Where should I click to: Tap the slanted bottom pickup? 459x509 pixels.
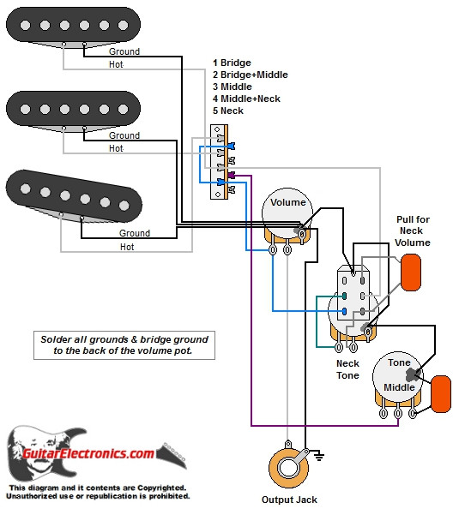click(72, 193)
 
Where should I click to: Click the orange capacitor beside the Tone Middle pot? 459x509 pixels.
click(442, 392)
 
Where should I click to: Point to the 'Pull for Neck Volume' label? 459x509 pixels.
click(413, 231)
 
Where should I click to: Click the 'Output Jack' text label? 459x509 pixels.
click(289, 500)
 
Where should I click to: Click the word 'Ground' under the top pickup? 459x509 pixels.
click(124, 51)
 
